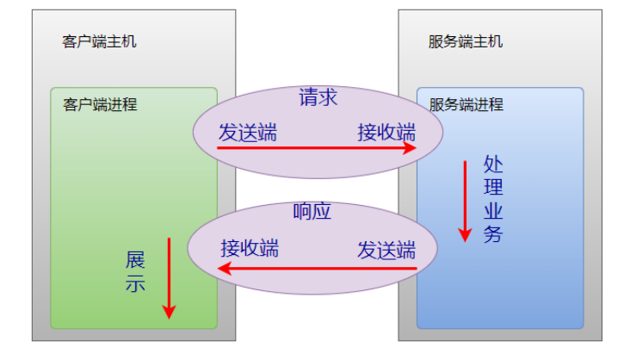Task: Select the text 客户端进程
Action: (x=100, y=105)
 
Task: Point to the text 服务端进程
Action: (x=466, y=105)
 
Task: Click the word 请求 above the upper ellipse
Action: (x=318, y=97)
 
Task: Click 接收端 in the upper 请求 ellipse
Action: (x=386, y=132)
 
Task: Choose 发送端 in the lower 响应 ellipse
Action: (x=386, y=250)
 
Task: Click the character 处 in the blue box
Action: (x=492, y=164)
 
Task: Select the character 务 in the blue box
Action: (x=492, y=234)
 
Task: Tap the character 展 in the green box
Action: (x=135, y=259)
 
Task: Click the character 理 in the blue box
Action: (x=492, y=187)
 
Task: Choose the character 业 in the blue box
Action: (x=492, y=211)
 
